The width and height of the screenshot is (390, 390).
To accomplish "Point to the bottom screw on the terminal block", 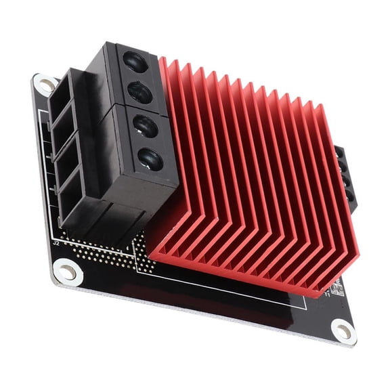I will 150,159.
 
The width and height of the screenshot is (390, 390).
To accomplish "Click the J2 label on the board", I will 57,241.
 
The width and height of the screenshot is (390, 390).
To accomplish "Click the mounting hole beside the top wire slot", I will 46,84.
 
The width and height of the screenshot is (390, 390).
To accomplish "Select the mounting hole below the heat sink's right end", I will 344,330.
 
